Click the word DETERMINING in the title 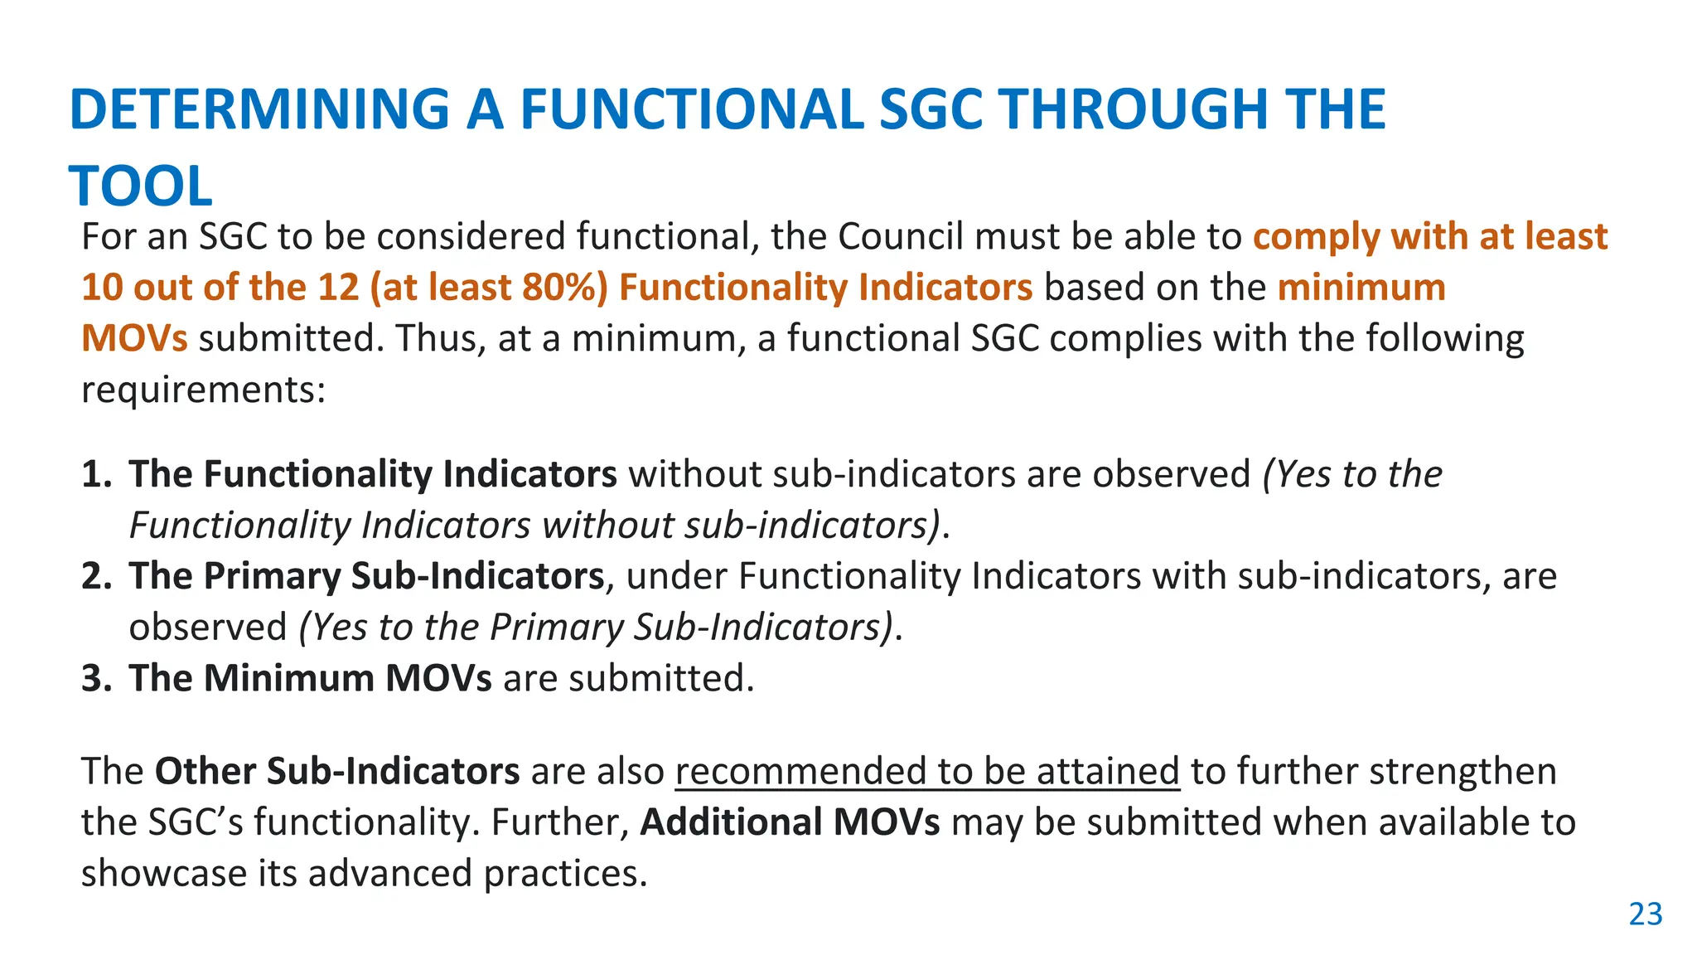[x=259, y=109]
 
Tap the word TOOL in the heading [x=141, y=187]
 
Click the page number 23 [x=1646, y=914]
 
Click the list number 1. [x=96, y=474]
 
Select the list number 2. [x=96, y=576]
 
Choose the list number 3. [x=96, y=678]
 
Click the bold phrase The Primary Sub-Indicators [x=366, y=576]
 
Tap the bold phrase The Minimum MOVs [x=310, y=678]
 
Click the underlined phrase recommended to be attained [x=927, y=772]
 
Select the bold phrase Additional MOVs [x=790, y=822]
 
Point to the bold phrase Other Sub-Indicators [x=337, y=772]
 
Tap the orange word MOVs [x=134, y=339]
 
